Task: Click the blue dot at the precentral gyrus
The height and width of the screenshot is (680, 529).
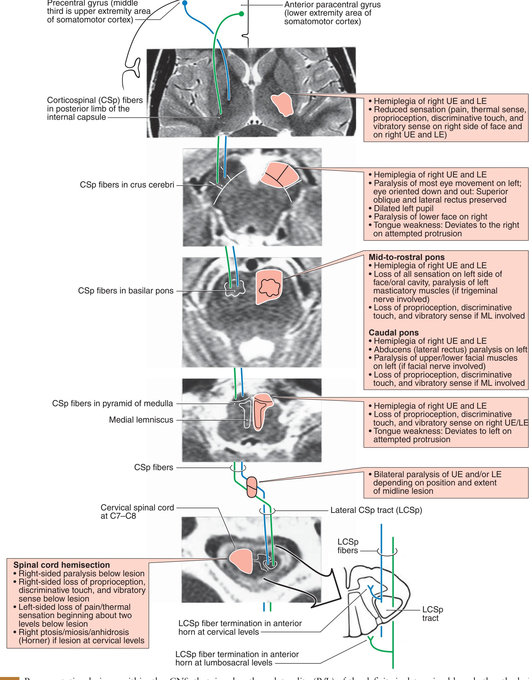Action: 185,3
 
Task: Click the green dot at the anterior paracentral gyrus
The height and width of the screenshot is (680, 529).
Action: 241,14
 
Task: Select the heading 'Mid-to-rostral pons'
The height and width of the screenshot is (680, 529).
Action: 407,257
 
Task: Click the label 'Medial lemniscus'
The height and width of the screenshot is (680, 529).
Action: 141,420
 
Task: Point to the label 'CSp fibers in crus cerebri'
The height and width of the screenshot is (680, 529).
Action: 127,185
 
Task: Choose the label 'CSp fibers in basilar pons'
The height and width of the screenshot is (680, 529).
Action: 126,291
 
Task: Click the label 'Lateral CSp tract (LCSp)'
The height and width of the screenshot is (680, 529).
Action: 376,510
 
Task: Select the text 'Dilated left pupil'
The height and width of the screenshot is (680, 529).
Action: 403,208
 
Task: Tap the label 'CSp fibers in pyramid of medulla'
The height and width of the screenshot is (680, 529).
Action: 112,403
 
